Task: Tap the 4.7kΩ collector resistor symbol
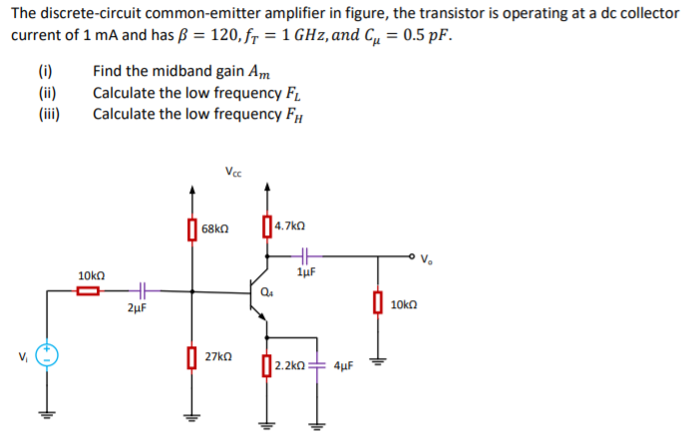pyautogui.click(x=265, y=226)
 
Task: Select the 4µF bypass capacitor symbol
pyautogui.click(x=318, y=365)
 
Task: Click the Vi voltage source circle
pyautogui.click(x=45, y=355)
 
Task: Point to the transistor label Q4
pyautogui.click(x=267, y=292)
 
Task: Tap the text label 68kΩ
pyautogui.click(x=216, y=229)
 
